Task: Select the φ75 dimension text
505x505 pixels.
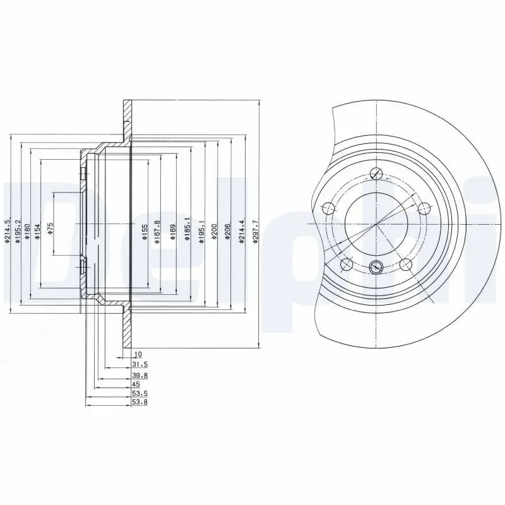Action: pos(50,228)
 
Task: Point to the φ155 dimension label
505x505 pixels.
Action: pos(145,230)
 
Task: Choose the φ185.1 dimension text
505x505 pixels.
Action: pos(187,230)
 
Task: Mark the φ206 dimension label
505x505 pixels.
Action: pos(228,230)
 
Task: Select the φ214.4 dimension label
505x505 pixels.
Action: pos(242,230)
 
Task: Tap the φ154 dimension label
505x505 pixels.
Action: pos(37,230)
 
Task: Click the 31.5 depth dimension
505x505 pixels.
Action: pos(140,365)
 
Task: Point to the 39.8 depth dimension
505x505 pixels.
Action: pos(140,375)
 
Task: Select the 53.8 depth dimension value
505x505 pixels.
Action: pos(140,402)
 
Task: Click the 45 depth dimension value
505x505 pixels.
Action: pos(136,384)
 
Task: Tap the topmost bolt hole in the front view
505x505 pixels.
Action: pos(376,175)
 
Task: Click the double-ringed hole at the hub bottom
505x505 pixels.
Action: pos(376,266)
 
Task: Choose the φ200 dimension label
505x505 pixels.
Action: pos(215,230)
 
